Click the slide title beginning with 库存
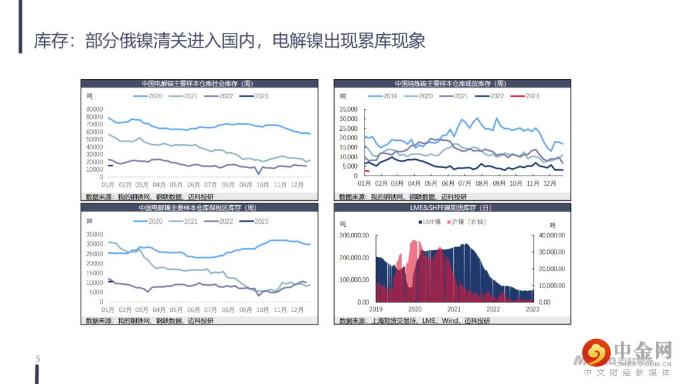click(230, 41)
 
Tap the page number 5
click(38, 359)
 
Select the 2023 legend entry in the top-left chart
click(255, 96)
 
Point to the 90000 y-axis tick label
click(95, 109)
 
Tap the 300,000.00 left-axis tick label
click(355, 236)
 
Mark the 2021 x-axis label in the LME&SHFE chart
click(454, 309)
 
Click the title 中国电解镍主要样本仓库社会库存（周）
click(197, 83)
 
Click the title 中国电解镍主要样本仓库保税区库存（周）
click(197, 207)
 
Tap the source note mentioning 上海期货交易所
click(414, 321)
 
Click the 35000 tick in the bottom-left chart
click(95, 234)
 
